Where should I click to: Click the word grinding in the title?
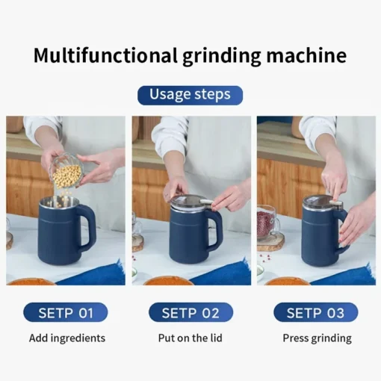pos(223,56)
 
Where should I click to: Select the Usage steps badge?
pos(190,95)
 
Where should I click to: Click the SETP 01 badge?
pos(65,312)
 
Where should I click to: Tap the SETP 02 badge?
pos(190,312)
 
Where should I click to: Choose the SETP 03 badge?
pos(315,312)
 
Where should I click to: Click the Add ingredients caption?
pos(67,338)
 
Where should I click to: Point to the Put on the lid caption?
pos(190,338)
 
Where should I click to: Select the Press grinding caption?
pos(317,338)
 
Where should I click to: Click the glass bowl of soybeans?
pos(67,173)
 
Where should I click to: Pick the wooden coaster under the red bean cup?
pos(270,241)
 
